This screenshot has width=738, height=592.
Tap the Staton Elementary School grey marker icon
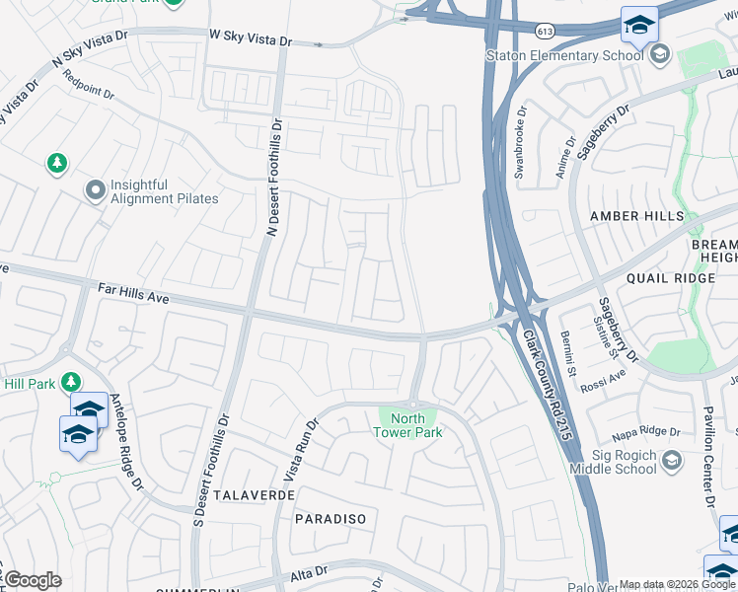click(660, 54)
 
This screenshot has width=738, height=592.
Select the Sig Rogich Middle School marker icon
click(672, 461)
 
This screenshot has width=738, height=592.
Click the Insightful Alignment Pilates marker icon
click(96, 190)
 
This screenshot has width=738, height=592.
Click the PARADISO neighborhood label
click(331, 518)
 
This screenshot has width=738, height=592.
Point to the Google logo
click(33, 580)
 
